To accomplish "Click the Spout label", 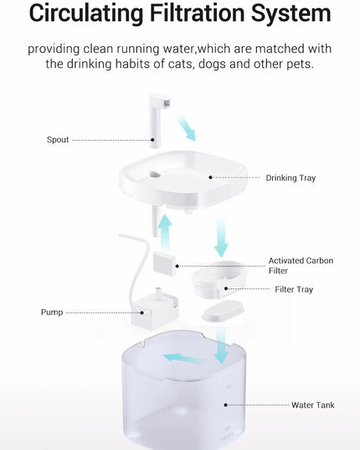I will coord(58,140).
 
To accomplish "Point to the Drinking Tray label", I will coord(291,178).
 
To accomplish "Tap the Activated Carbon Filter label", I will coord(301,266).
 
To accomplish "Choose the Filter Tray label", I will coord(294,290).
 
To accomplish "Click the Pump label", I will coord(52,313).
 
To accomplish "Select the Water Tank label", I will coord(313,406).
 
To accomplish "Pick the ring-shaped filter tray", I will coord(220,281).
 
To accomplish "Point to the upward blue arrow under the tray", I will coord(165,230).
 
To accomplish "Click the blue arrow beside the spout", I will coord(189,128).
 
